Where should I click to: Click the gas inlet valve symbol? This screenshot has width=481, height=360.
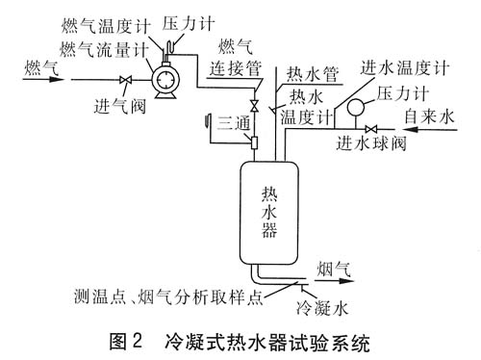[126, 80]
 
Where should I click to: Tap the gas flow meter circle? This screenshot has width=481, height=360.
[165, 79]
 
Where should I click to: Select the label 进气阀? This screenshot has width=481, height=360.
[120, 106]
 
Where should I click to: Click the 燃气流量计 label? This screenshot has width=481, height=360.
[105, 50]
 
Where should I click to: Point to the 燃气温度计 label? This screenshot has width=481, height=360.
[106, 26]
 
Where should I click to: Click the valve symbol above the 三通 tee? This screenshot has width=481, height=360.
[255, 106]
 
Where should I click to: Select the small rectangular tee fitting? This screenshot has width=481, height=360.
[255, 142]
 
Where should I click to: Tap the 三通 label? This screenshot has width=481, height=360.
[234, 123]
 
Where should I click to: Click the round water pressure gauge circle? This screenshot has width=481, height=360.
[355, 107]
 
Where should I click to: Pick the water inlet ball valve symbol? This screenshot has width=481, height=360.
[371, 129]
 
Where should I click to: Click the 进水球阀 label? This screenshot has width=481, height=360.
[371, 142]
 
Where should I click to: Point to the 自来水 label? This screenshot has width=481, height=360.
[429, 116]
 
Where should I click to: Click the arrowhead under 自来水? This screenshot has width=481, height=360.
[411, 130]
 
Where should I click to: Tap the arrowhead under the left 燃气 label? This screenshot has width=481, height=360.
[56, 79]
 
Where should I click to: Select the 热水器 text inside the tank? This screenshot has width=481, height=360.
[269, 212]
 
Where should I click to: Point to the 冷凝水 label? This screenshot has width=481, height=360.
[322, 308]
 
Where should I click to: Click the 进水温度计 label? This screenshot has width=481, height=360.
[405, 67]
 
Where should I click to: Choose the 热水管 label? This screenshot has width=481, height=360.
[313, 74]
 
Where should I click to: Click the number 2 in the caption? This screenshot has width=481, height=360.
[137, 341]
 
